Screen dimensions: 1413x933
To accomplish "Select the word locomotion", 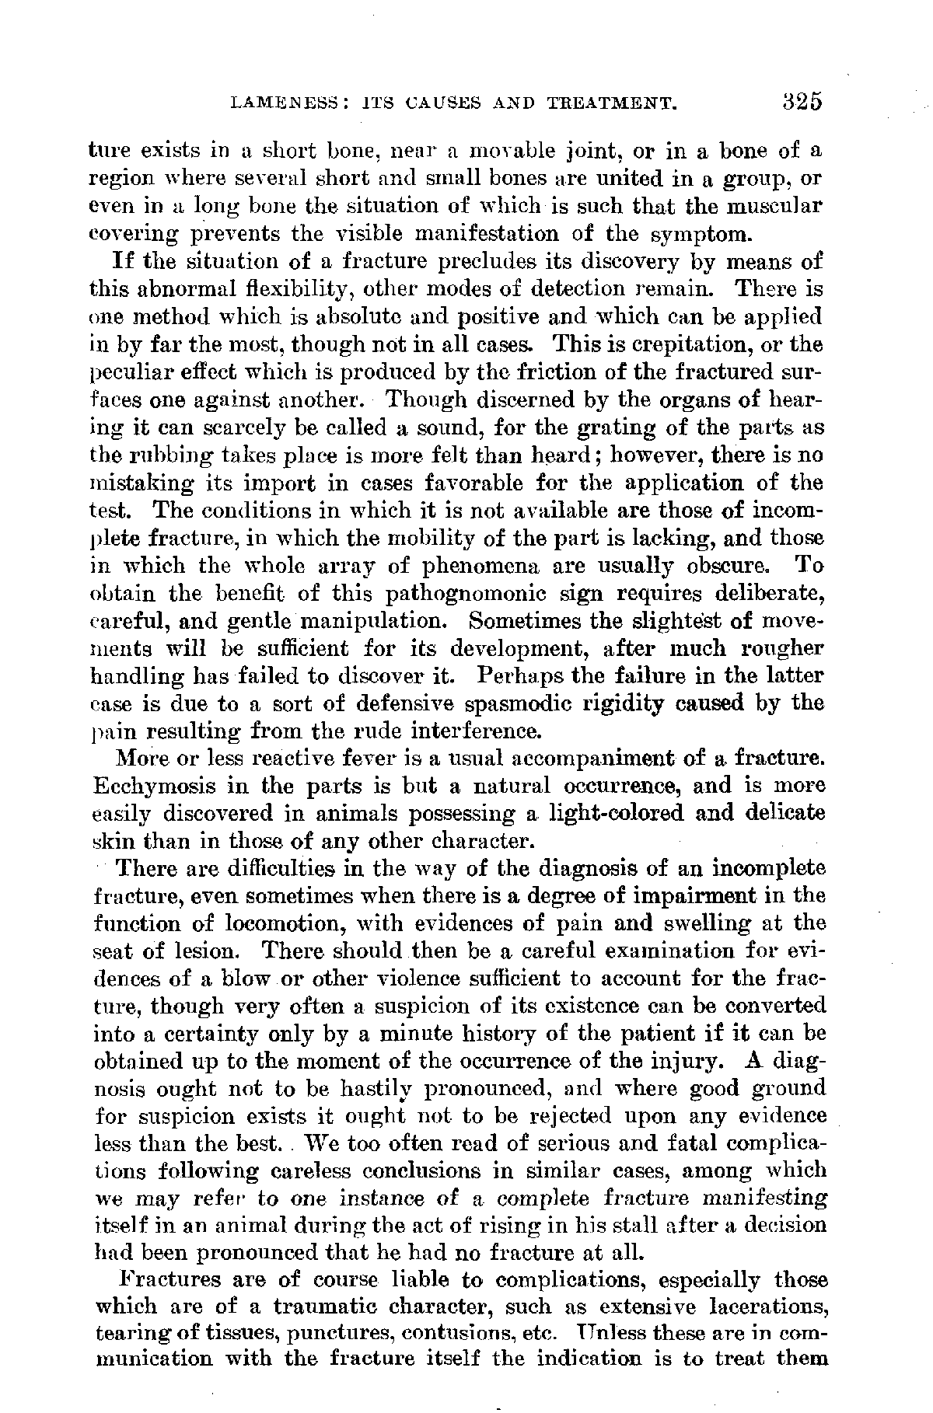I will pyautogui.click(x=273, y=924).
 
